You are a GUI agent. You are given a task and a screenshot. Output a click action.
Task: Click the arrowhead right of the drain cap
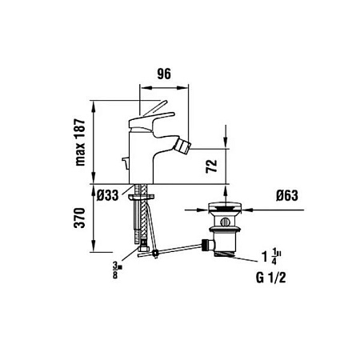244,211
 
